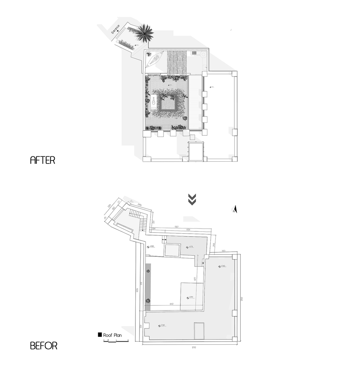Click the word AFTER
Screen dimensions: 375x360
click(x=42, y=160)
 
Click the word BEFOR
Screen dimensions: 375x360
click(x=43, y=345)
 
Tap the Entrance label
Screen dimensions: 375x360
click(x=116, y=30)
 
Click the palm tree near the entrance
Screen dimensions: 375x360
click(x=144, y=33)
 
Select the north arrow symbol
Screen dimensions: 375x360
click(x=235, y=210)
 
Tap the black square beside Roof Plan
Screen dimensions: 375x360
click(x=100, y=334)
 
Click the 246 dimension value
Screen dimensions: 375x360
click(x=139, y=205)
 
